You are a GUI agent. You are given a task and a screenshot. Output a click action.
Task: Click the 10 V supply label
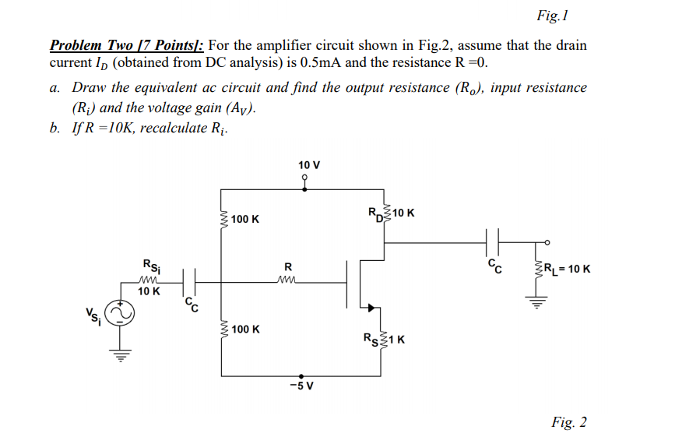click(309, 165)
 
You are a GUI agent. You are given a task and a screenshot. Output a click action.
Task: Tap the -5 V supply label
click(299, 385)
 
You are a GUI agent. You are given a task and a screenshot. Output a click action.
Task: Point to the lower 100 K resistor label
click(245, 330)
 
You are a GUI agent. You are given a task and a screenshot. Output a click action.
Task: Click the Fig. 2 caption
click(568, 422)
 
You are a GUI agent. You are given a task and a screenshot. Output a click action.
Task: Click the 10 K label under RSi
click(149, 291)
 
